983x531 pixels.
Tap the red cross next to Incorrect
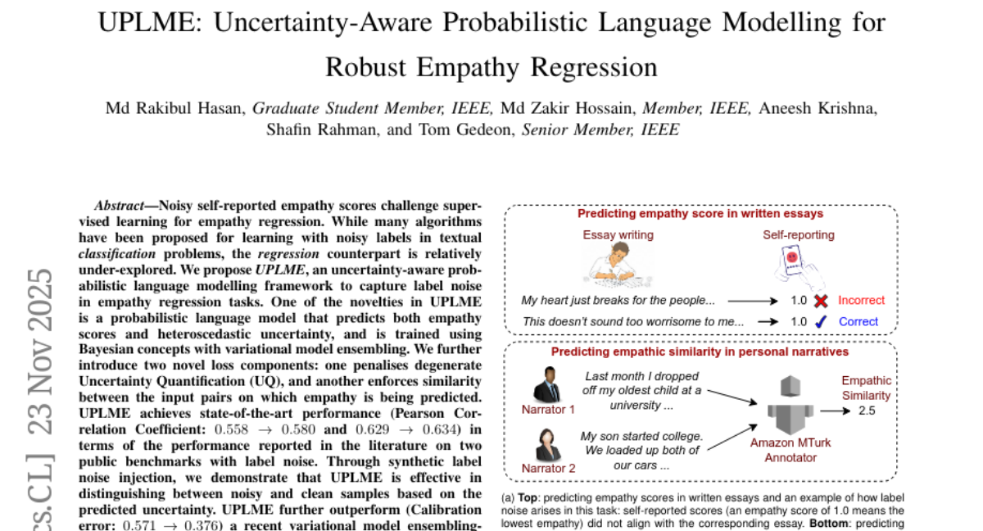point(820,301)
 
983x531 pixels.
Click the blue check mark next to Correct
point(820,322)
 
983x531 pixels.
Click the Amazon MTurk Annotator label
point(790,450)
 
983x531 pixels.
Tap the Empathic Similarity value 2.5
point(866,410)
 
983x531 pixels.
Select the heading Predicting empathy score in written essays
point(700,214)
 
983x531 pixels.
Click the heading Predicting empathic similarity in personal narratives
point(700,352)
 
